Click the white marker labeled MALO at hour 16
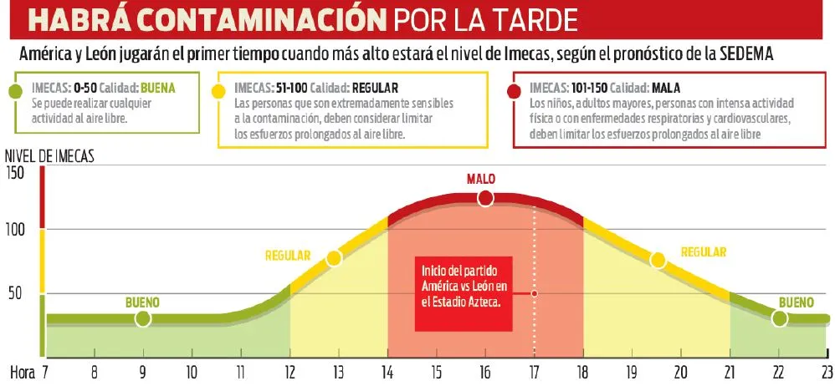pos(485,198)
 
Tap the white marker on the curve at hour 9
pos(143,318)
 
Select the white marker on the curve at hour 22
pos(779,318)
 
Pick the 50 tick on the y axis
pos(18,293)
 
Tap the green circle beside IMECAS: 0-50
pos(15,89)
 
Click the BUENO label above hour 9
pos(142,302)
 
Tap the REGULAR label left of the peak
pos(288,256)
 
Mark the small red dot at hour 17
pos(534,293)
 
